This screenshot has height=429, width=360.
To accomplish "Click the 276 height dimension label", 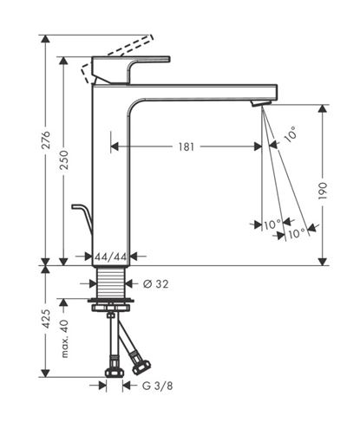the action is [x=46, y=140].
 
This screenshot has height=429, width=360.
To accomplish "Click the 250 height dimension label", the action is [x=63, y=159].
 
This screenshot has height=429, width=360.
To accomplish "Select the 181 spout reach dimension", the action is [x=186, y=146].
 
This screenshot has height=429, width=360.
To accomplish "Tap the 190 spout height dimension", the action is [x=323, y=191].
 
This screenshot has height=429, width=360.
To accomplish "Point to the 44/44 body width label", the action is [x=111, y=257].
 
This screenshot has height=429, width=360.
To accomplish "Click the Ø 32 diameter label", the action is [x=155, y=284].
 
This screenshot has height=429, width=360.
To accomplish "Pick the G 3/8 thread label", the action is [x=157, y=386].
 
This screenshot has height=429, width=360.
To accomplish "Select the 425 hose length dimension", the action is [x=46, y=319].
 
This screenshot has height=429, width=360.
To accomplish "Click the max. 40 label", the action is [x=64, y=339].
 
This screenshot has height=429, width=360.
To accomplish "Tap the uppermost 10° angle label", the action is [x=291, y=134].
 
